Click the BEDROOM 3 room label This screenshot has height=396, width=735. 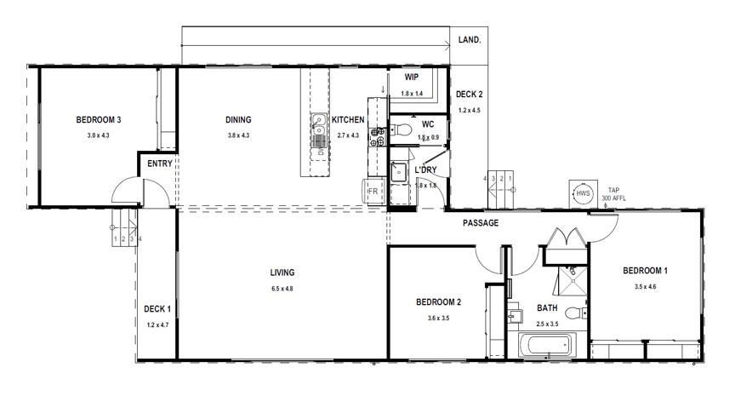coord(98,120)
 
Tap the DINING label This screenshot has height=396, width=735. coord(238,120)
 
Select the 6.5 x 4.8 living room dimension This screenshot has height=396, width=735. coord(282,289)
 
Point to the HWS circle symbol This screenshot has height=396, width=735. coord(584,193)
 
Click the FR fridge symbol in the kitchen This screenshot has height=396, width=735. coord(372,192)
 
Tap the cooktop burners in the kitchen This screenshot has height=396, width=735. coord(375,136)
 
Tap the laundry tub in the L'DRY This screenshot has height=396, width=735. coord(398,170)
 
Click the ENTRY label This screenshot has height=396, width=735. coord(160,164)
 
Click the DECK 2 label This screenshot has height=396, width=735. coord(469,95)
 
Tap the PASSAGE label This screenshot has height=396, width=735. coord(480,223)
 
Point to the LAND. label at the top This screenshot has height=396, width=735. coord(470,40)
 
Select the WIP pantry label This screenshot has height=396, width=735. coord(411,77)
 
